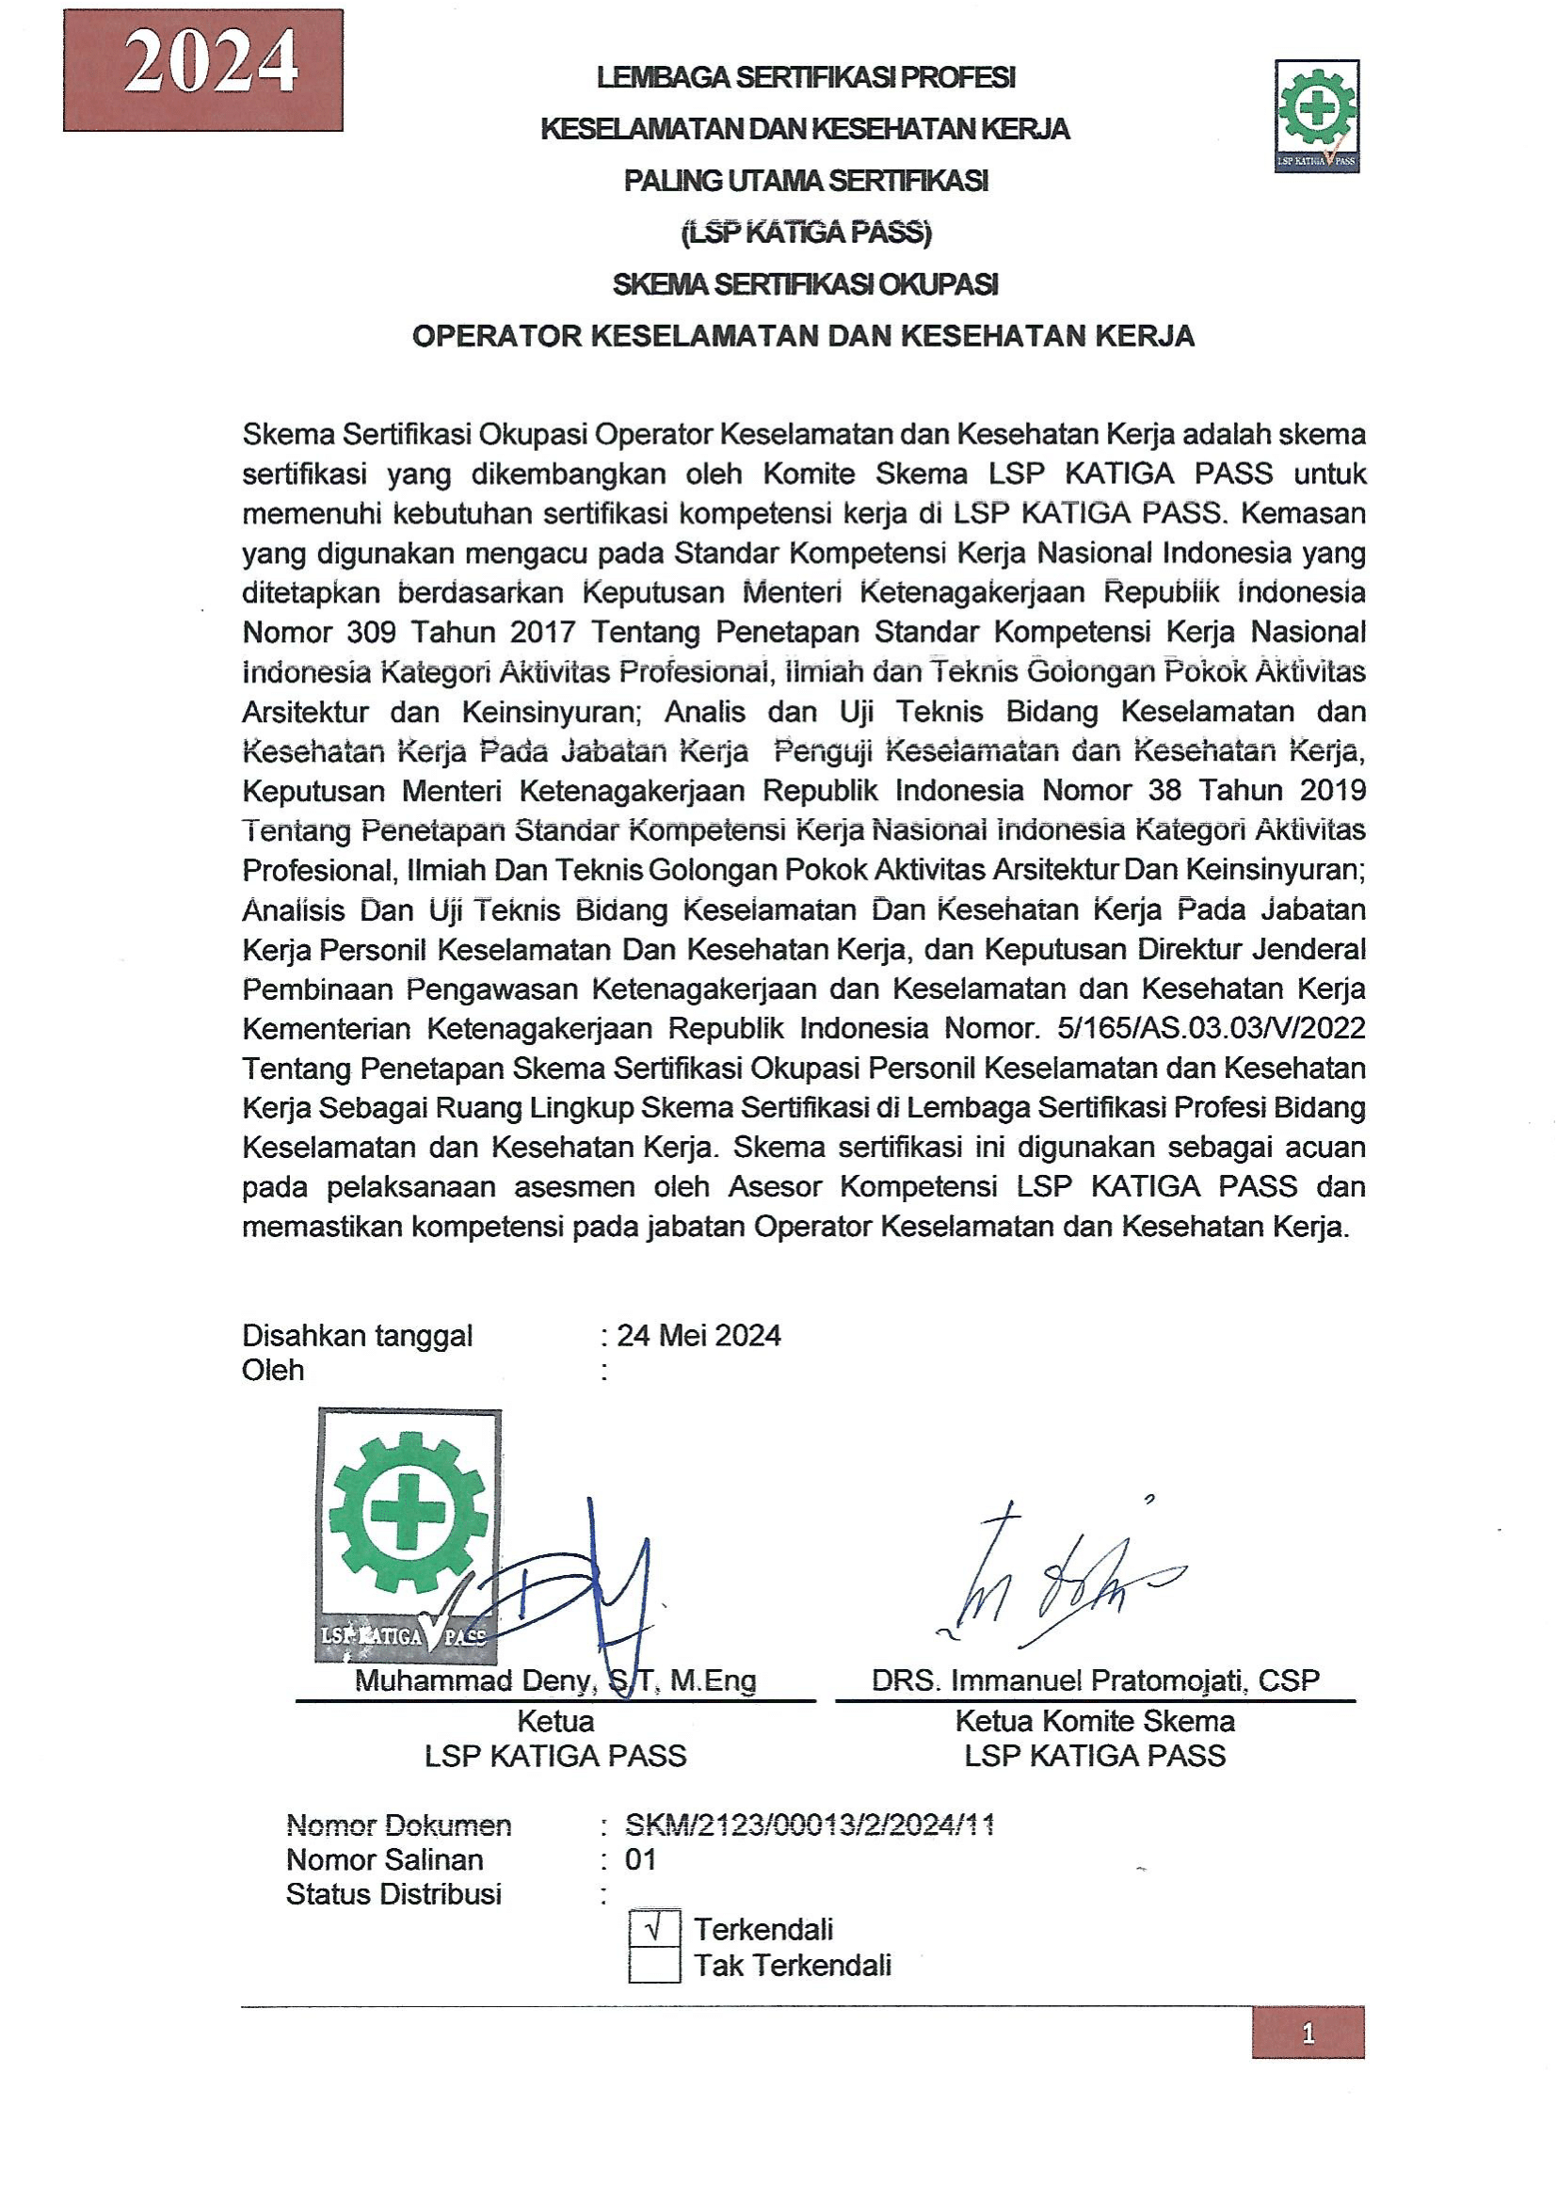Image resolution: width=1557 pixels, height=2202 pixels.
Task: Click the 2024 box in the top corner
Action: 203,69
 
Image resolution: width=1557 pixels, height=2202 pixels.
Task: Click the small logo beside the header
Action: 1316,116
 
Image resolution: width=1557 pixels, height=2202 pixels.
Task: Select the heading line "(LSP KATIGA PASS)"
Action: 806,233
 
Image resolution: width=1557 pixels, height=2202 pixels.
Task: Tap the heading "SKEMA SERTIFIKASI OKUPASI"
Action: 806,284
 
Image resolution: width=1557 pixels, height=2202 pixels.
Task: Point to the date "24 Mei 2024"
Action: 698,1335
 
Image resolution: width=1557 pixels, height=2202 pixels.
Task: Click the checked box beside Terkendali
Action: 655,1929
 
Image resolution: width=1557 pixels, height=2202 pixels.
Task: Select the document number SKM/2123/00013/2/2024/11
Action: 810,1824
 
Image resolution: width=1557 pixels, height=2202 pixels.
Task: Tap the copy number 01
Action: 640,1859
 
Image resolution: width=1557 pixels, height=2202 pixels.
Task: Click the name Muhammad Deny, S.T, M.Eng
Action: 555,1680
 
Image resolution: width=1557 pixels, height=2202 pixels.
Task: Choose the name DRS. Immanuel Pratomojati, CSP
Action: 1095,1680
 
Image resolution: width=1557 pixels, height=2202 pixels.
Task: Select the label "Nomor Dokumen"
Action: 399,1824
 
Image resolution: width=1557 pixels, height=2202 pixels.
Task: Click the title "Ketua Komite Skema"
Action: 1095,1721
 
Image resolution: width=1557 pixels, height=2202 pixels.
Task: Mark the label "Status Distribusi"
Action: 394,1894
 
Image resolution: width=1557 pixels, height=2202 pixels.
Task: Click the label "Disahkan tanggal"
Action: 358,1335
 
